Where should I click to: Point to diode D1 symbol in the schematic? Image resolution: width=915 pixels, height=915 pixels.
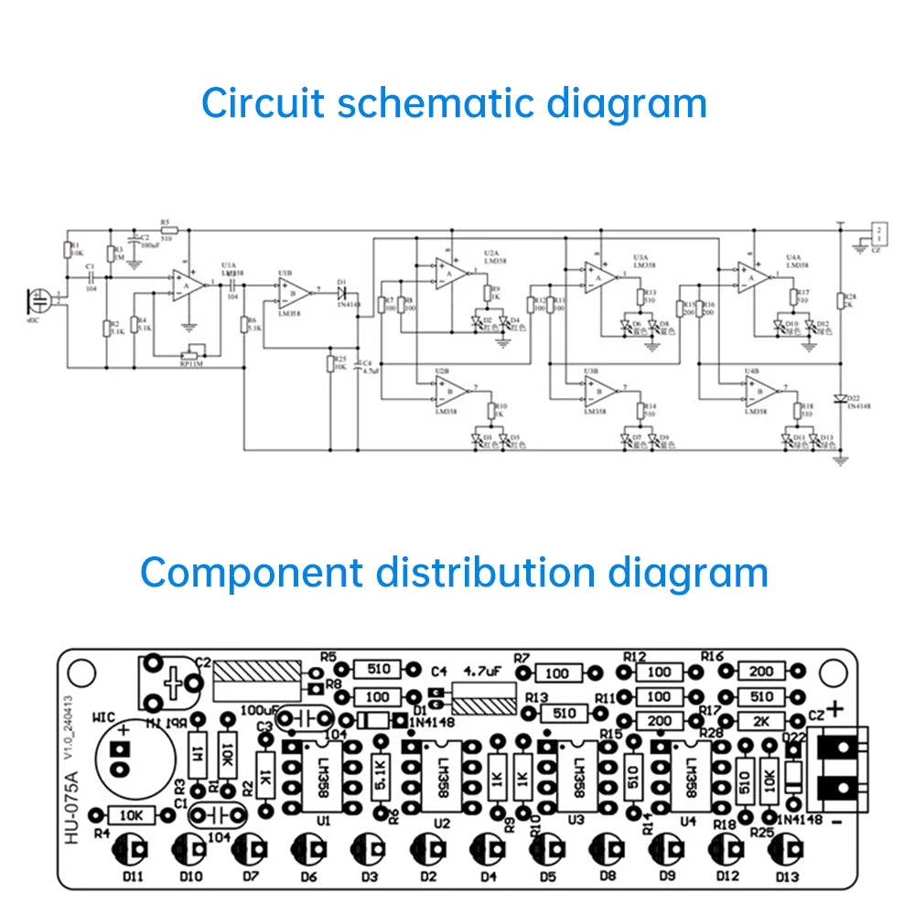[x=342, y=293]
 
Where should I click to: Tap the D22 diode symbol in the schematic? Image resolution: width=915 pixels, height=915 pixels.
[x=839, y=398]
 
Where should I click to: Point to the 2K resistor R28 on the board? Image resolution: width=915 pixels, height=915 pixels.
[x=761, y=720]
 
